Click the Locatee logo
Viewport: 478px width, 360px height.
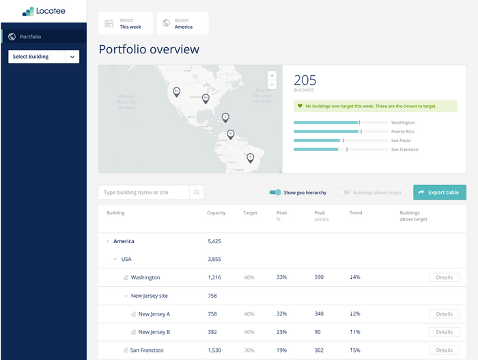click(43, 12)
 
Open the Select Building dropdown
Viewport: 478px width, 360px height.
click(44, 57)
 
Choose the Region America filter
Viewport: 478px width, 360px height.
click(182, 23)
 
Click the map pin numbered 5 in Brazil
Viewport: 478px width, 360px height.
click(251, 158)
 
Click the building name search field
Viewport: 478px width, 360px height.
click(143, 193)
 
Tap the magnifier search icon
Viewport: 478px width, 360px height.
click(197, 193)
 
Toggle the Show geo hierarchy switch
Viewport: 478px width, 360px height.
click(275, 193)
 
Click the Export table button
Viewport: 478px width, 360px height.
click(440, 193)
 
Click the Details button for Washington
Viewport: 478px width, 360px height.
click(444, 278)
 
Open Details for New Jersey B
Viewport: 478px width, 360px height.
click(444, 332)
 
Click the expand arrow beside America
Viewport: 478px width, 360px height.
click(107, 241)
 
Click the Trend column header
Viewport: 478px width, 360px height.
click(356, 213)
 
